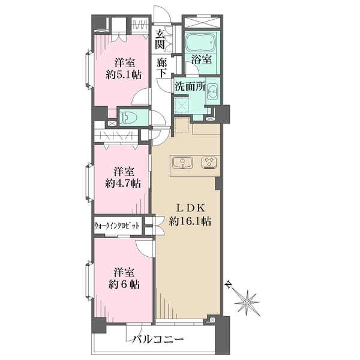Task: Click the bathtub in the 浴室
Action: pyautogui.click(x=201, y=43)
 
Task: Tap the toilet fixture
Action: pyautogui.click(x=128, y=118)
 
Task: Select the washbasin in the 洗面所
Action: pyautogui.click(x=213, y=92)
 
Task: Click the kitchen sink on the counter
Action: pyautogui.click(x=182, y=163)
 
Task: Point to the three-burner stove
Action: pyautogui.click(x=209, y=162)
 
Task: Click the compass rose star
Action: pyautogui.click(x=247, y=302)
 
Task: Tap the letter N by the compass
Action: pyautogui.click(x=228, y=284)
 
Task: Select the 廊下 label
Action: pyautogui.click(x=161, y=67)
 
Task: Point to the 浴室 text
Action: pyautogui.click(x=202, y=59)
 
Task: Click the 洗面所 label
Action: pyautogui.click(x=190, y=86)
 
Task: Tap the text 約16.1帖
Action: pyautogui.click(x=190, y=221)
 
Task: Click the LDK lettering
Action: pyautogui.click(x=190, y=208)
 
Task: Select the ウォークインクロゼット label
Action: pyautogui.click(x=117, y=226)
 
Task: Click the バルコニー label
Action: pyautogui.click(x=158, y=339)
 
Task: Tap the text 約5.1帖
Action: pyautogui.click(x=124, y=74)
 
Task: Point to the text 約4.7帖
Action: pyautogui.click(x=123, y=184)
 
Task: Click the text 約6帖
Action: pyautogui.click(x=124, y=284)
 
